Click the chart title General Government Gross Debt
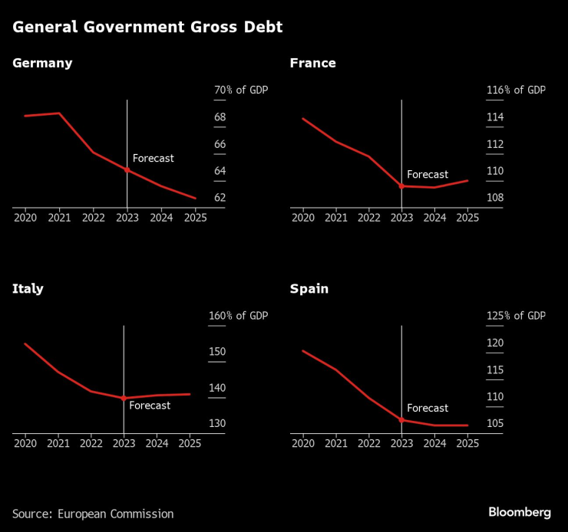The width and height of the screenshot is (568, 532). (147, 28)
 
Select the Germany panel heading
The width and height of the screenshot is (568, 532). (42, 63)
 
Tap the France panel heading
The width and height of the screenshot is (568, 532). (312, 63)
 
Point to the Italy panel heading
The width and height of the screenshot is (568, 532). (28, 289)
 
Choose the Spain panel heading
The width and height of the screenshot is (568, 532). (309, 289)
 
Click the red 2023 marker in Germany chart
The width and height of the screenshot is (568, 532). (127, 170)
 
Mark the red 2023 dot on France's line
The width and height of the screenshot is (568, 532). (401, 186)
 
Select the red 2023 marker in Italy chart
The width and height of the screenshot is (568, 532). (124, 398)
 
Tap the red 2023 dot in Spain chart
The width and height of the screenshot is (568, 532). (401, 420)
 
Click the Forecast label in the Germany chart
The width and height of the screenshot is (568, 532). (154, 158)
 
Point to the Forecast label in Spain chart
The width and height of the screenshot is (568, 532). (428, 408)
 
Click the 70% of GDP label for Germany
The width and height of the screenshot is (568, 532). (240, 90)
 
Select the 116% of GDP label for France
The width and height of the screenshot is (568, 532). (516, 90)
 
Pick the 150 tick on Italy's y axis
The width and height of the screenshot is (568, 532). (218, 352)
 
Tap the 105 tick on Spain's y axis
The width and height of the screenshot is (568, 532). (495, 424)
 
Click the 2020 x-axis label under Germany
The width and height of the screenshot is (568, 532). (25, 218)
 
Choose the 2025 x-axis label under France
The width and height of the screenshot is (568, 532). (467, 218)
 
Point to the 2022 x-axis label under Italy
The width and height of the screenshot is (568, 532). (91, 443)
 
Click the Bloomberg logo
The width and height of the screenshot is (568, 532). (520, 511)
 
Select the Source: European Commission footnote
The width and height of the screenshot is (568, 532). (93, 514)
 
